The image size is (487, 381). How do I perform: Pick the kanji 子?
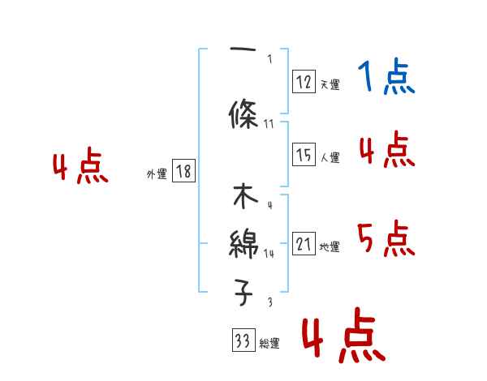(244, 292)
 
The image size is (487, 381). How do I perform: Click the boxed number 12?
(304, 81)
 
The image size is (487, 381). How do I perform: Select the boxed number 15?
(304, 155)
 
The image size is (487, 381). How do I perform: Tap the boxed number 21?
(304, 244)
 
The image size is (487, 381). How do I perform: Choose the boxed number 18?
(183, 171)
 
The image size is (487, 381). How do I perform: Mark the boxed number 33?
(243, 341)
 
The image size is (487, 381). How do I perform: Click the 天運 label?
(329, 84)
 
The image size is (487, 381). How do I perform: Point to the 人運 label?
(329, 158)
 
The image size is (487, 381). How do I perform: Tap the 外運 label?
(157, 173)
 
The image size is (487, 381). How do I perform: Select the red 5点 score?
(386, 238)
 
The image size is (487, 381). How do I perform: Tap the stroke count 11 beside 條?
(269, 124)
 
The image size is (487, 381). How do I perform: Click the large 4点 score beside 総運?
(343, 336)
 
